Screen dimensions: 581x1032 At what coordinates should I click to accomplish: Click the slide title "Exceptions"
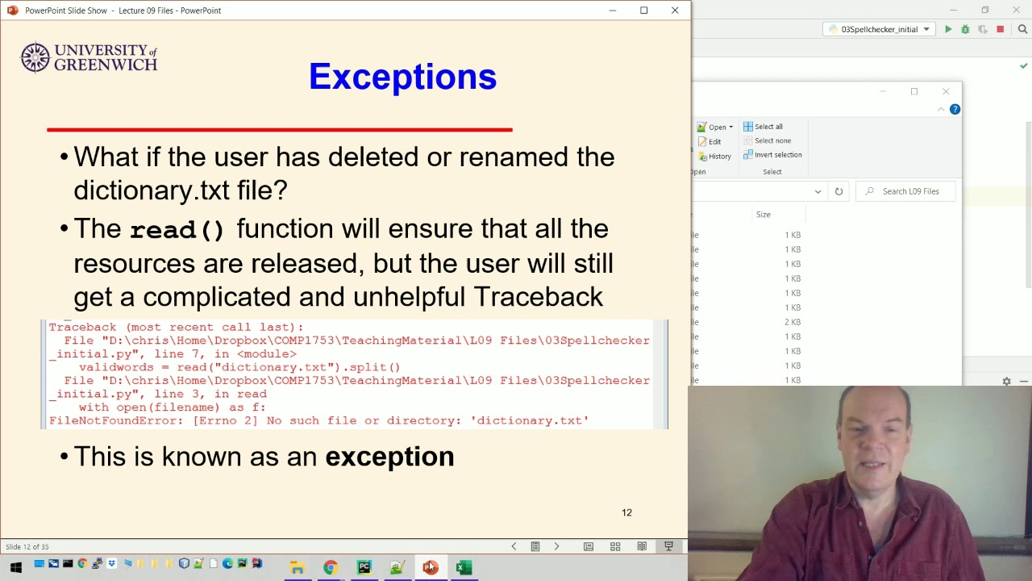point(402,77)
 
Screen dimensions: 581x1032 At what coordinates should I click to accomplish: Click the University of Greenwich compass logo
point(35,57)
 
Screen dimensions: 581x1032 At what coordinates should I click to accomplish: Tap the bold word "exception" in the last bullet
point(389,457)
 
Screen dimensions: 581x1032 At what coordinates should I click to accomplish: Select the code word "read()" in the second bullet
point(177,230)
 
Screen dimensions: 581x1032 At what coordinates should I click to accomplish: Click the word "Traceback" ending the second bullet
point(538,297)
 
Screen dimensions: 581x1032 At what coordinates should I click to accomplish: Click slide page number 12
point(626,512)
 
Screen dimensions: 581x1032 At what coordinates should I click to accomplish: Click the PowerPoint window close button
point(675,10)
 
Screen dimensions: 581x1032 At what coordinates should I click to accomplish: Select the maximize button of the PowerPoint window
point(643,10)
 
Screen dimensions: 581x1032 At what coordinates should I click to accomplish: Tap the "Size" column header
point(763,215)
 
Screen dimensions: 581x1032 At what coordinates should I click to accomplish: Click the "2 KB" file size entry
point(793,322)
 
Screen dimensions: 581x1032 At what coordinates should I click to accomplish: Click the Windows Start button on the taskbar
point(15,567)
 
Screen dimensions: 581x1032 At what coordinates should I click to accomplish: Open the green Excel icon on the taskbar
point(463,567)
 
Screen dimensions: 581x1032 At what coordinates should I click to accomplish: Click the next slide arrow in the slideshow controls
point(556,546)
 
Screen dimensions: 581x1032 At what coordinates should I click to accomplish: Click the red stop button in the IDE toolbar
point(1000,29)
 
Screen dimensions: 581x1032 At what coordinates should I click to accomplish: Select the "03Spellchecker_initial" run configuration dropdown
point(879,29)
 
